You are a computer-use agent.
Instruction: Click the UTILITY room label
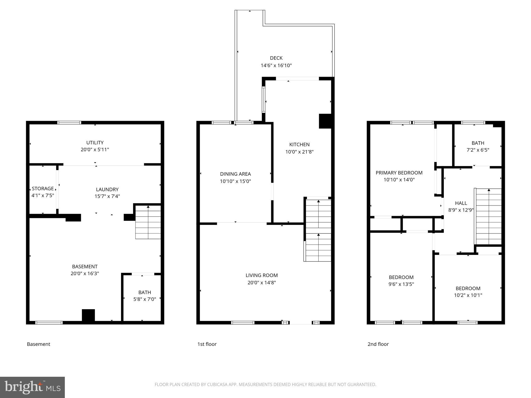(95, 143)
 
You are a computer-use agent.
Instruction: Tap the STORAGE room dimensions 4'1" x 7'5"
(43, 195)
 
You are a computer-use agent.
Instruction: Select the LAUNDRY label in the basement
(107, 189)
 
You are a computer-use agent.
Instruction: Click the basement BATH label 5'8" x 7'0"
(145, 296)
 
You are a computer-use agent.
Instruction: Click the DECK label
(276, 58)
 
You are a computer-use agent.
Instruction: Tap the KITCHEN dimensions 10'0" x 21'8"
(299, 152)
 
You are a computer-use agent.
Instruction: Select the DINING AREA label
(235, 174)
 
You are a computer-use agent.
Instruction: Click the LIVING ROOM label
(262, 275)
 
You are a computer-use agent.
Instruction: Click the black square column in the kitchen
(325, 121)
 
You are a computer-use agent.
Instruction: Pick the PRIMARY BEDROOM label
(399, 173)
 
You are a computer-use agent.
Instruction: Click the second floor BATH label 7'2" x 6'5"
(478, 146)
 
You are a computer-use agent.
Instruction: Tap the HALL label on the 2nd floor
(461, 203)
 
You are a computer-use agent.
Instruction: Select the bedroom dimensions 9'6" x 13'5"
(401, 284)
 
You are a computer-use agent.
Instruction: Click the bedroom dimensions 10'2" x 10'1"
(468, 295)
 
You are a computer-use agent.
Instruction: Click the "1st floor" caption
(207, 344)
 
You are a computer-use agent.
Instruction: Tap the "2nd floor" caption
(378, 344)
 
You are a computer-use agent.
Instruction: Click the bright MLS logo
(32, 387)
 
